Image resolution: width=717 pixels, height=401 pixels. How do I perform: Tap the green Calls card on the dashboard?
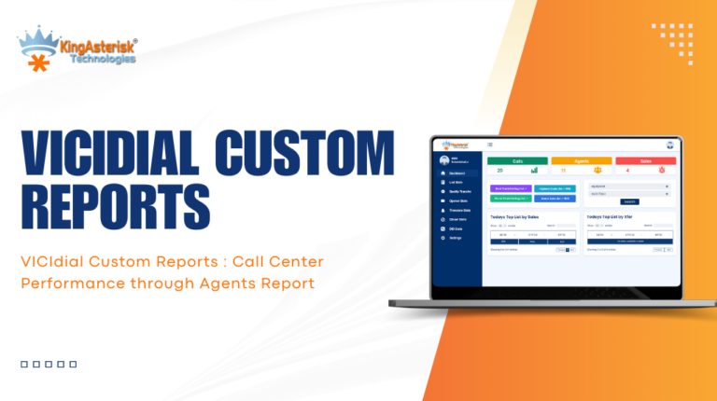517,160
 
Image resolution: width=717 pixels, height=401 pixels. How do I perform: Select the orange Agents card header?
582,160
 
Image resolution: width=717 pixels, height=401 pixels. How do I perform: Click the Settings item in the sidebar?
457,238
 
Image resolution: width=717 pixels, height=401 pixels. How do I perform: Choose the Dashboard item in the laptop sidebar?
459,173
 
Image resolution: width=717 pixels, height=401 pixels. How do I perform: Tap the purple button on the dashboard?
510,188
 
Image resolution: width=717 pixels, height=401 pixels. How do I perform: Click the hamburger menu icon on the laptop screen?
490,145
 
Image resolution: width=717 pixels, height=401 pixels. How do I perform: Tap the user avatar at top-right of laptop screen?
669,145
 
